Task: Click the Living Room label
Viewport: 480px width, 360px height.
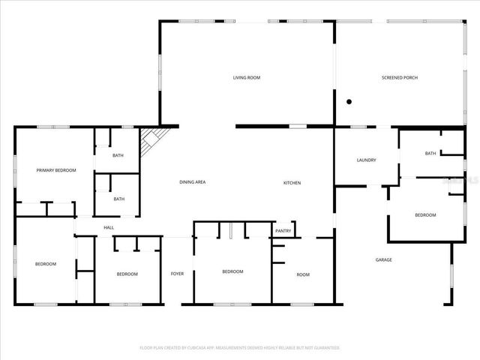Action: click(x=246, y=78)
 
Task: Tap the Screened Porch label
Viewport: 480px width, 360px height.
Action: click(x=397, y=78)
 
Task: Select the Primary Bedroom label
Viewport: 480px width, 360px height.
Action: click(x=56, y=171)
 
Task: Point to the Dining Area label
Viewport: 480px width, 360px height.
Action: click(x=192, y=182)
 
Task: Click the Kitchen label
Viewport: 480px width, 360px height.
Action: click(x=292, y=182)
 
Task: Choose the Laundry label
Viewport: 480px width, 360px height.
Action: click(x=366, y=160)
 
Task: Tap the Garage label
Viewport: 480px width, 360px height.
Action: click(x=383, y=260)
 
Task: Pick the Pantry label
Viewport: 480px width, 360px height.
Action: click(x=283, y=231)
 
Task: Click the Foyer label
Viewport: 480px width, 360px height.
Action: click(x=177, y=274)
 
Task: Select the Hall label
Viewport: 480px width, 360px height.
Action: click(x=109, y=227)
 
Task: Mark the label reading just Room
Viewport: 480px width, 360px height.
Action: click(x=303, y=274)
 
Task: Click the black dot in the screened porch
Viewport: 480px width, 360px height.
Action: click(x=349, y=101)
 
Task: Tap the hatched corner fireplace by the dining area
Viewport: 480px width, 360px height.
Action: click(x=155, y=138)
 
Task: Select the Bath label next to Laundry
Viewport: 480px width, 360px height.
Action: click(x=430, y=154)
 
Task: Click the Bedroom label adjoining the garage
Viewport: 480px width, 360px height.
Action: click(x=425, y=215)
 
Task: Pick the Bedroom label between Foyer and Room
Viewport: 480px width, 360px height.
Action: click(x=232, y=271)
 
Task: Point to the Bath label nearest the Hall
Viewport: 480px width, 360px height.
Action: click(x=118, y=199)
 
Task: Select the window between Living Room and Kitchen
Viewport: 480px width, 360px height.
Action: click(x=298, y=126)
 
